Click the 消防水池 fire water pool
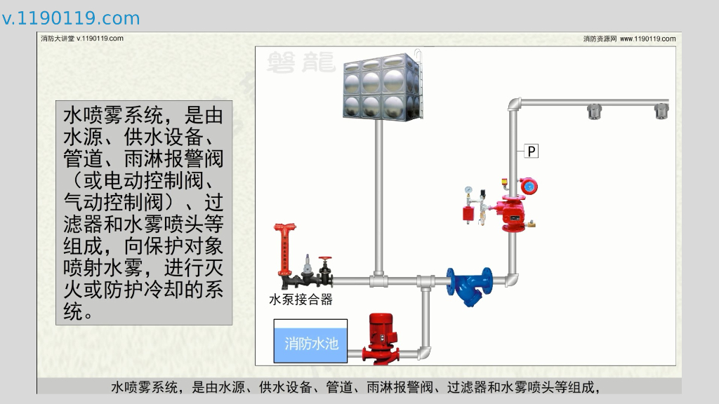click(311, 343)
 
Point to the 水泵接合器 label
click(301, 299)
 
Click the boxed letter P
click(532, 150)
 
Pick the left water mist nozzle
click(595, 111)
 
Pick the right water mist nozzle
click(661, 111)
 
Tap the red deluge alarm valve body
click(510, 210)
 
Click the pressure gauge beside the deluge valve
click(468, 190)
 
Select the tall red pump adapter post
click(284, 249)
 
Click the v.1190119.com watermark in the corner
click(71, 18)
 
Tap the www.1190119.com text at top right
click(648, 39)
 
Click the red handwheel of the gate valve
click(324, 260)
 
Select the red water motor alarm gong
click(527, 187)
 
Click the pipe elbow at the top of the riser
click(514, 105)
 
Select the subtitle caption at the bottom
click(359, 386)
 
